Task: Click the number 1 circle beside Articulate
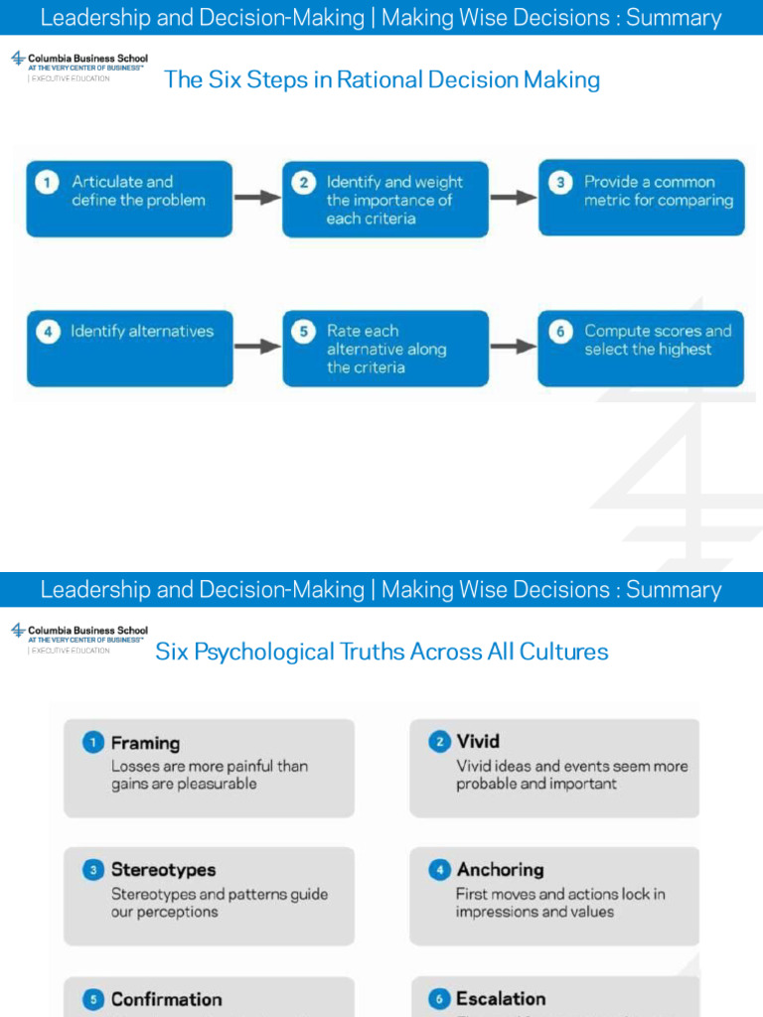click(x=46, y=183)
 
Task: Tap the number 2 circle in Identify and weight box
click(x=305, y=183)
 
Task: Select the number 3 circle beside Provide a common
click(x=561, y=183)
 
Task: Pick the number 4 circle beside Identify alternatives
click(x=47, y=332)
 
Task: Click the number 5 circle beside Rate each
click(x=305, y=332)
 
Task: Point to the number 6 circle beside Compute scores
click(x=561, y=332)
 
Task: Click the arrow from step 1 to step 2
click(x=257, y=198)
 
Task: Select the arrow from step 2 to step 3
click(x=514, y=198)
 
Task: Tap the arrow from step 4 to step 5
click(x=257, y=347)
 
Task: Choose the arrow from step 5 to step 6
click(x=514, y=347)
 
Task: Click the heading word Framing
click(x=145, y=743)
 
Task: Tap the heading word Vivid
click(x=478, y=741)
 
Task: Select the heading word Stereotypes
click(x=163, y=870)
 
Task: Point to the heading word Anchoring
click(x=500, y=870)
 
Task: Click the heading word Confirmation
click(x=166, y=999)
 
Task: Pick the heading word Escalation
click(x=501, y=998)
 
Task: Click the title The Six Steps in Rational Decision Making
click(x=381, y=79)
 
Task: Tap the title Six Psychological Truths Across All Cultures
click(x=381, y=652)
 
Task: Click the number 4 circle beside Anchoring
click(x=439, y=870)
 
